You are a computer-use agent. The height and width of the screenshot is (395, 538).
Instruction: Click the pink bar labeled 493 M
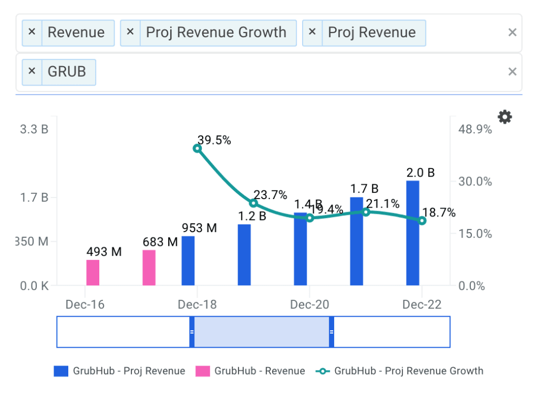[x=93, y=273]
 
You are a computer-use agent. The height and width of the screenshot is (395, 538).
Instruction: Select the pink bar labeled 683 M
[x=149, y=268]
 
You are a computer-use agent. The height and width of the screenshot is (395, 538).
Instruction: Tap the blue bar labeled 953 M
[x=188, y=261]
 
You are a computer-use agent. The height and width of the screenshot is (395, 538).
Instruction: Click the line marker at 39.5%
[x=197, y=148]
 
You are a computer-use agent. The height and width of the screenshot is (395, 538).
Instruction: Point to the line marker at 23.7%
[x=254, y=203]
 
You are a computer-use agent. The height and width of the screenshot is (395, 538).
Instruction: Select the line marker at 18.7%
[x=422, y=221]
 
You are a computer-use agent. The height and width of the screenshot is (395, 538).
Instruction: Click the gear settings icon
[x=505, y=117]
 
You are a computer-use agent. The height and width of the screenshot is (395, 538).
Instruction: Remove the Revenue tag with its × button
[x=32, y=32]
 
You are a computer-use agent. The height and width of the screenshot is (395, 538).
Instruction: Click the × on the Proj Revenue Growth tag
[x=130, y=32]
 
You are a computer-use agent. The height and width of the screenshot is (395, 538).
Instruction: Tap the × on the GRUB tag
[x=32, y=71]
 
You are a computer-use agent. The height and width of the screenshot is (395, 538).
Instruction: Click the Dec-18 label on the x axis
[x=197, y=305]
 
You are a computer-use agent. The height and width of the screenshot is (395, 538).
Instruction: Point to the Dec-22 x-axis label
[x=422, y=305]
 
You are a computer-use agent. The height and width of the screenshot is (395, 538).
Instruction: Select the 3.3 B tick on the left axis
[x=34, y=129]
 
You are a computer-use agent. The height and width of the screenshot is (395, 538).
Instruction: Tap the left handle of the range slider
[x=192, y=332]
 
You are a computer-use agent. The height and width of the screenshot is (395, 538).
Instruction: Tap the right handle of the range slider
[x=332, y=332]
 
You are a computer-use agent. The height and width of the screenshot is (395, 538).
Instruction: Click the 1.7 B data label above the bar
[x=364, y=189]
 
